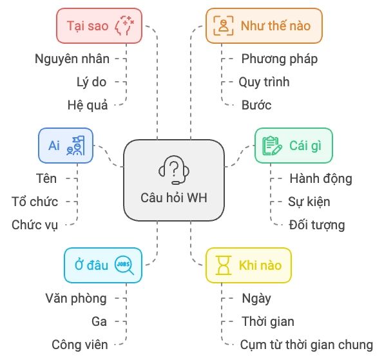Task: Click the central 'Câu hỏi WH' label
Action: coord(174,198)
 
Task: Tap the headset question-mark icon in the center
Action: coord(174,169)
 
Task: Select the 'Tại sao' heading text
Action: coord(88,26)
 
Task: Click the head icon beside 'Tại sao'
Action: coord(124,26)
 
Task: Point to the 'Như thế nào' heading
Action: coord(276,26)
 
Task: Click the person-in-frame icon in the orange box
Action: coord(224,26)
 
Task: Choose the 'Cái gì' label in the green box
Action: coord(305,146)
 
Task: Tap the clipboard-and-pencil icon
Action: coord(272,146)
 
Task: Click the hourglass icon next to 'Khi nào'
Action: coord(224,265)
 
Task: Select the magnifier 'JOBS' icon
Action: coord(124,265)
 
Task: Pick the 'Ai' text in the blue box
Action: coord(54,146)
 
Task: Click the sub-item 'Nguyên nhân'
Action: coord(72,59)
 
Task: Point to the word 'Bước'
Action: coord(256,105)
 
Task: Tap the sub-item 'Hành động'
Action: coord(321,178)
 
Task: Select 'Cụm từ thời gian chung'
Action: coord(307,345)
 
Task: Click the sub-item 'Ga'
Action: coord(99,321)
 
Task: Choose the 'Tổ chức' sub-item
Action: coord(35,202)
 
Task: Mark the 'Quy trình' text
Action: coord(264,82)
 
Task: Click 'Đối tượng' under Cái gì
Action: coord(317,225)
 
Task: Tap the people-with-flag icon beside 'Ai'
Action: coord(75,146)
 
